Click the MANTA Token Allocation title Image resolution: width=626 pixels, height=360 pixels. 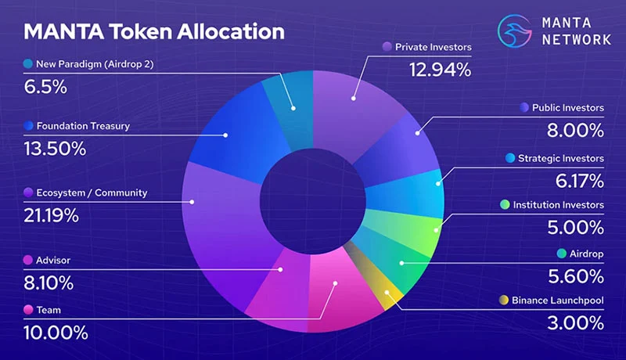click(x=154, y=31)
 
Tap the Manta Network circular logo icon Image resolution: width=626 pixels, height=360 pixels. click(x=515, y=31)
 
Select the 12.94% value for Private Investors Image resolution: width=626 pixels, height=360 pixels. click(x=440, y=70)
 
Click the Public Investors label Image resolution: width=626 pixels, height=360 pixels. click(x=568, y=107)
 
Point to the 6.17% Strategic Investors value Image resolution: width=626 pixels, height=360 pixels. click(x=579, y=181)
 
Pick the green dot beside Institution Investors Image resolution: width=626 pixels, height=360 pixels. click(x=505, y=205)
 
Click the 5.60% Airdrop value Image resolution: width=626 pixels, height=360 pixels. click(x=576, y=276)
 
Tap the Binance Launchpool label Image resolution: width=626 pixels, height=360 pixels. click(x=558, y=301)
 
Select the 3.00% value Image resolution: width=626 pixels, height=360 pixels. click(x=575, y=323)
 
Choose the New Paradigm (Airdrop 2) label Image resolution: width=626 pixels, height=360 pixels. click(x=95, y=64)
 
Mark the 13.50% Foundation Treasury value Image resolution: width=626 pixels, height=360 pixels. click(x=55, y=149)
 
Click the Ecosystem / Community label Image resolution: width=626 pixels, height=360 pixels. click(x=92, y=193)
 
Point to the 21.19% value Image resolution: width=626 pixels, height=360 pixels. click(x=51, y=216)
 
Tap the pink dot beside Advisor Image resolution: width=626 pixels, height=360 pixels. click(x=28, y=261)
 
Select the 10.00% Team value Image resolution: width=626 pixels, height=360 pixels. click(x=56, y=333)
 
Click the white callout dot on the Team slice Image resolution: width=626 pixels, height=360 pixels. click(x=336, y=283)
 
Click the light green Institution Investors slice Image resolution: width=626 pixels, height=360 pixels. click(x=412, y=232)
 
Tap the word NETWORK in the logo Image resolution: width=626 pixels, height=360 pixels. click(x=577, y=39)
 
